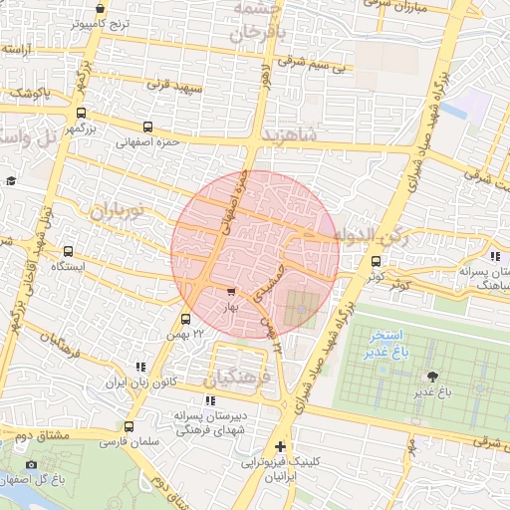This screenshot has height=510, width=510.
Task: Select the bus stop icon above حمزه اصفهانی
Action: pyautogui.click(x=148, y=127)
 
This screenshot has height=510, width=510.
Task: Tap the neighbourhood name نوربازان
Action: pyautogui.click(x=118, y=210)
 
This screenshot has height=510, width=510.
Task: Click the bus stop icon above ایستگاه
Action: pyautogui.click(x=68, y=252)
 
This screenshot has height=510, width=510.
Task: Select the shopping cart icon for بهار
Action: pyautogui.click(x=231, y=292)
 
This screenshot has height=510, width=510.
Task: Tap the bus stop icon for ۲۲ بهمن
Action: pyautogui.click(x=185, y=319)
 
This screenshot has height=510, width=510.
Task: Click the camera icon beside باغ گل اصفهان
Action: pyautogui.click(x=31, y=464)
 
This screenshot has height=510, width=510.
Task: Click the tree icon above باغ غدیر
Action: pyautogui.click(x=431, y=376)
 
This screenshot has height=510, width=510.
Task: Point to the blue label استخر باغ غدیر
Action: pyautogui.click(x=382, y=342)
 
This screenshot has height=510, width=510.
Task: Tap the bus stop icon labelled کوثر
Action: pyautogui.click(x=375, y=260)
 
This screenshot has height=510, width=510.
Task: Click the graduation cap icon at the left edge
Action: pyautogui.click(x=10, y=180)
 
